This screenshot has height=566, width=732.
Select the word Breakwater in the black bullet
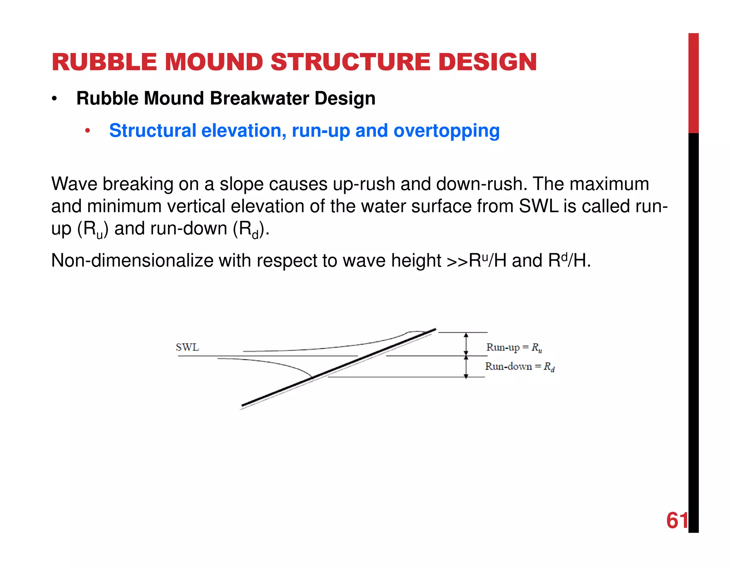(259, 98)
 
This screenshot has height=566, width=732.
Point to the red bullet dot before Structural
(87, 131)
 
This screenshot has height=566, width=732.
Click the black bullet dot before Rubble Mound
(54, 99)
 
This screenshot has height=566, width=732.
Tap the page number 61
(677, 520)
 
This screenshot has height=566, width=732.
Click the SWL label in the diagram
(187, 347)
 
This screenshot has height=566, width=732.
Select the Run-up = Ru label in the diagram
(514, 347)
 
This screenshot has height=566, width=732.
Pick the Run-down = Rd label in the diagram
(519, 367)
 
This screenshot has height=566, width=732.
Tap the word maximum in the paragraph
(609, 184)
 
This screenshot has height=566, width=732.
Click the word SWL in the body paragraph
(538, 206)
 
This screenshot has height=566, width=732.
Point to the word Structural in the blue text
(153, 131)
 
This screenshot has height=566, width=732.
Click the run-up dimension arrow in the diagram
(466, 344)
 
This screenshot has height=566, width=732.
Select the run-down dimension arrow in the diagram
(466, 366)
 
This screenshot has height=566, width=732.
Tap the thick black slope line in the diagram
(339, 367)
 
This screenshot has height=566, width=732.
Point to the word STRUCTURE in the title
(350, 62)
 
